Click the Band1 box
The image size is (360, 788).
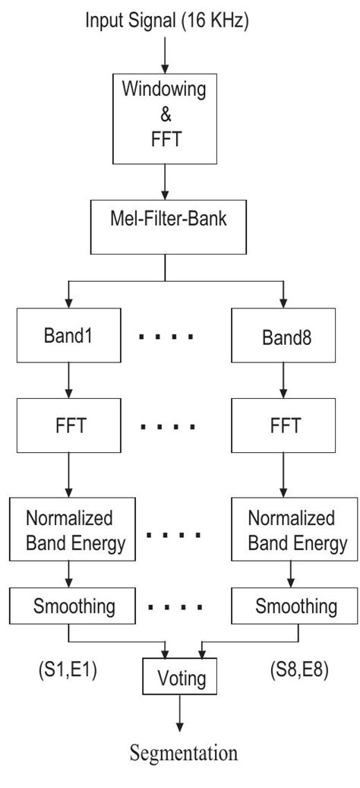[68, 335]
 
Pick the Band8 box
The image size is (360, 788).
[282, 335]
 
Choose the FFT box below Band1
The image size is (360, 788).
[68, 423]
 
